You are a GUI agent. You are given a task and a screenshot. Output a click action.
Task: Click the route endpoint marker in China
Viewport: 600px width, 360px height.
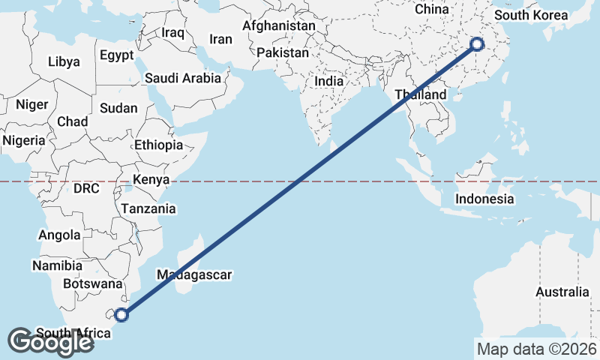(476, 44)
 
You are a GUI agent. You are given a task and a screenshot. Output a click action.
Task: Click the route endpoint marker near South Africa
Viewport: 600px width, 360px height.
(121, 315)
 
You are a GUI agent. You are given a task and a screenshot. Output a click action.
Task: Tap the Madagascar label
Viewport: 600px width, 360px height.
(194, 274)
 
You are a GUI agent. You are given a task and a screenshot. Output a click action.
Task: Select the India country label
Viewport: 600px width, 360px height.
(329, 81)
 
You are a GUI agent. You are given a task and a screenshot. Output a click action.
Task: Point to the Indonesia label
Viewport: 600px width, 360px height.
(485, 199)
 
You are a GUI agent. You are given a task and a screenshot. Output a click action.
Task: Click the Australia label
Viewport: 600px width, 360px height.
(562, 292)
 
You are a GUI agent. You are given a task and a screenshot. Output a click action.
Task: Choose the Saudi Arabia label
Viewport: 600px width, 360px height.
(183, 77)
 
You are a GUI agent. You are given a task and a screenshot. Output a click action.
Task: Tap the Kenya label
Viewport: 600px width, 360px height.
(151, 179)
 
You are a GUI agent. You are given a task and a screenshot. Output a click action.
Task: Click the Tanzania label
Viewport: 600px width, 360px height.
(148, 209)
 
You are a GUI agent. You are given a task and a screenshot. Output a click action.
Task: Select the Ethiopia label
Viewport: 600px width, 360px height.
(159, 145)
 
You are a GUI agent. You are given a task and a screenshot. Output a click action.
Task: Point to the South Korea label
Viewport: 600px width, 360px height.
(531, 15)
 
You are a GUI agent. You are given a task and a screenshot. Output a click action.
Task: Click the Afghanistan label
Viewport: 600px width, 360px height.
(278, 25)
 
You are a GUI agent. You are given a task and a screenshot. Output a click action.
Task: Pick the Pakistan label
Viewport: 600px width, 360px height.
(282, 53)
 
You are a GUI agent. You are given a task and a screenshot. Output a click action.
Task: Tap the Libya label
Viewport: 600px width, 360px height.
(63, 61)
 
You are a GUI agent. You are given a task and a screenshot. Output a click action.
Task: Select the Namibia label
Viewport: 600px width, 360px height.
(57, 265)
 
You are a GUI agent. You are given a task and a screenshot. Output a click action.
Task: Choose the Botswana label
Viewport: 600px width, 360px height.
(92, 284)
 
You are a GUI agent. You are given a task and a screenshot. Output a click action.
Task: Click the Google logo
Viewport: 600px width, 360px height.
(50, 341)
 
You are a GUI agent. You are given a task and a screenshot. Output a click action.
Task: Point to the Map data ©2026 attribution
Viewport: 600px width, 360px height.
(535, 349)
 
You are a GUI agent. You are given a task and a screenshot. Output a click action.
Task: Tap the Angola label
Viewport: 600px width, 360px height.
(59, 235)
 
